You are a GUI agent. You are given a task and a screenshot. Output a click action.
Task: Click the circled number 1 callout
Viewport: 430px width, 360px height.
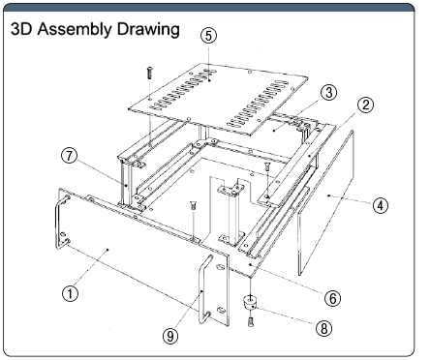tap(70, 294)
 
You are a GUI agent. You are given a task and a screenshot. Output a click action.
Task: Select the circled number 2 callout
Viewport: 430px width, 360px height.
tap(365, 105)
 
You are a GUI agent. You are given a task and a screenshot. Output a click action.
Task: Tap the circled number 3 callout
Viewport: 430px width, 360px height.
tap(328, 93)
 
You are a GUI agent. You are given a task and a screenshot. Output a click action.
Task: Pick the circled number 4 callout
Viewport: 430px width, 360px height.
tap(381, 205)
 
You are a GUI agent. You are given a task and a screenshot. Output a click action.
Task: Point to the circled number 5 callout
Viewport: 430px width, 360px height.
tap(208, 36)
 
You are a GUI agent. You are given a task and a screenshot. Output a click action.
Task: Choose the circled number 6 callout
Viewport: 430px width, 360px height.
tap(332, 298)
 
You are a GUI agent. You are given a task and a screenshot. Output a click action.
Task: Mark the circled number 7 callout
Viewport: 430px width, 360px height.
tap(70, 156)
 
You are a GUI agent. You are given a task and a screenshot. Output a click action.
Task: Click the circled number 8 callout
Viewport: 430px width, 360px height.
tap(323, 328)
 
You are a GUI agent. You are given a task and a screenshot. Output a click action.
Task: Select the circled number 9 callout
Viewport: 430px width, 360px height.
tap(170, 336)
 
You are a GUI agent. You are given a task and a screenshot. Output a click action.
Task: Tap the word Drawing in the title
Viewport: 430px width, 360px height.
tap(148, 29)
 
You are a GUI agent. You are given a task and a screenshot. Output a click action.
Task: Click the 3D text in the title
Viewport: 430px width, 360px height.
tap(21, 29)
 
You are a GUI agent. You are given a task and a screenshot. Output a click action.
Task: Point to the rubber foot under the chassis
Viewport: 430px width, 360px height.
tap(250, 303)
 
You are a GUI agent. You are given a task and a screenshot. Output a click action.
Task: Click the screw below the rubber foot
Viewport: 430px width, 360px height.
tap(251, 321)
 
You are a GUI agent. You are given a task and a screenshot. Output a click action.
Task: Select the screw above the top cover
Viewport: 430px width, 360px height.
tap(149, 73)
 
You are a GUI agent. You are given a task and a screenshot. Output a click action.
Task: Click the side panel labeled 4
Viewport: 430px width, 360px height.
tap(325, 203)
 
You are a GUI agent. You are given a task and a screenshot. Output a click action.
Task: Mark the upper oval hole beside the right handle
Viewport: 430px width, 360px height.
tap(220, 267)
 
